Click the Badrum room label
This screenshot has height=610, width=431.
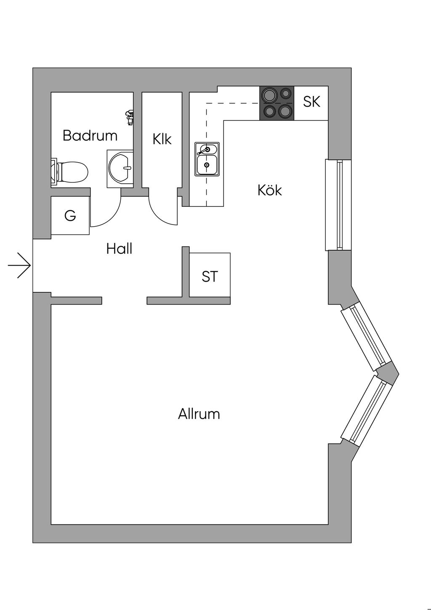pos(90,136)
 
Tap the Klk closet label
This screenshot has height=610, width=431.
pos(162,139)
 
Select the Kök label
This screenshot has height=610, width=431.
pos(269,190)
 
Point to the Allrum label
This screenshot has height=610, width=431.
pos(199,414)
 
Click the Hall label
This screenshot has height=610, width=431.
pos(119,249)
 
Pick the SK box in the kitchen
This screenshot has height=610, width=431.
pos(311,102)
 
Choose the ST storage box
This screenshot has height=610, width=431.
pos(210,276)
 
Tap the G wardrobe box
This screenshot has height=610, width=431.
pos(70,216)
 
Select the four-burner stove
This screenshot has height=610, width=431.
pos(277,103)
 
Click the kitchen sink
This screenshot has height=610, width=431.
pos(207,159)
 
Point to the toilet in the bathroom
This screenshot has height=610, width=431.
pos(72,172)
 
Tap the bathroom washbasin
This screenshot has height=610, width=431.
pos(121,168)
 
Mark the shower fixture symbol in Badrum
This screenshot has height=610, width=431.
pos(130,117)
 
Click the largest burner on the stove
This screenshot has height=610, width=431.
pos(285,111)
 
